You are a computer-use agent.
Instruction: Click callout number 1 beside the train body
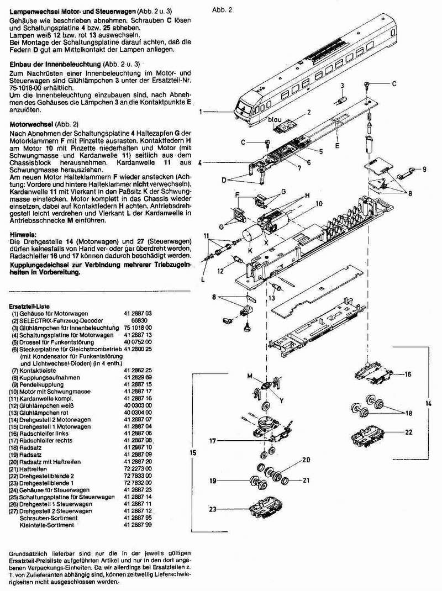[x=203, y=112]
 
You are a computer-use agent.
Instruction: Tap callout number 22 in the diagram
[x=408, y=432]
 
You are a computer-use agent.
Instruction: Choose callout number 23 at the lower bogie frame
[x=212, y=509]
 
